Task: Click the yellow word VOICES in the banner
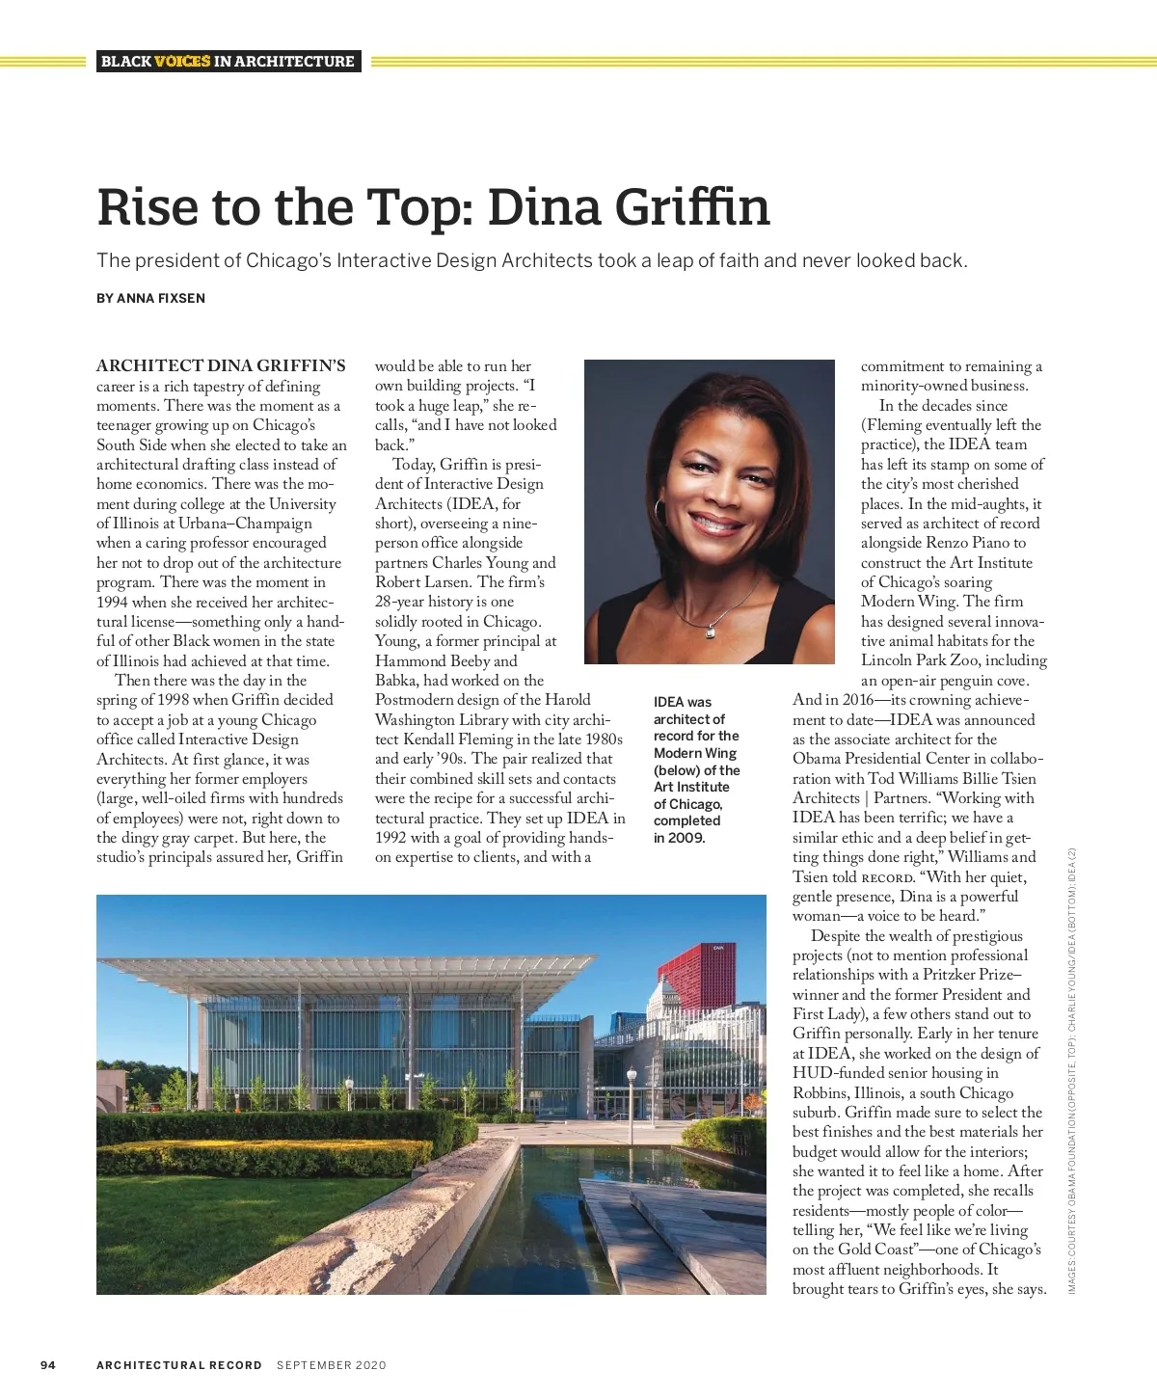(182, 61)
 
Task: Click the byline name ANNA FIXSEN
(160, 298)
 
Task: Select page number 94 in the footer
(48, 1364)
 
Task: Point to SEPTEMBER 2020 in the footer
(331, 1364)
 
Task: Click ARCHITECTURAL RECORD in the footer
(179, 1364)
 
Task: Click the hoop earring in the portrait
(660, 510)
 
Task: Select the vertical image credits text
(1072, 1070)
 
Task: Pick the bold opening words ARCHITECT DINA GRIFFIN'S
(221, 366)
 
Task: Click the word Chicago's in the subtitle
(287, 260)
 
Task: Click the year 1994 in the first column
(112, 602)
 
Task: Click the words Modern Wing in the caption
(695, 753)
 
